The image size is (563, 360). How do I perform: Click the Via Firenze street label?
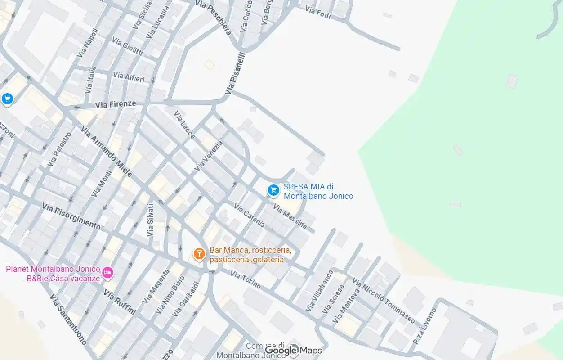[115, 104]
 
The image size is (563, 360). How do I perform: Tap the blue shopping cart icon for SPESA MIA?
[273, 191]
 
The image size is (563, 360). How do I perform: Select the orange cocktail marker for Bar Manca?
[199, 254]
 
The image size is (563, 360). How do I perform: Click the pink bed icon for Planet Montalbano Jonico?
[107, 273]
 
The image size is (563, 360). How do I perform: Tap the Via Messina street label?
[290, 216]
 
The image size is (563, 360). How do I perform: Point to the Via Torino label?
[246, 279]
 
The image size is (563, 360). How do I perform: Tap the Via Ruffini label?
[120, 301]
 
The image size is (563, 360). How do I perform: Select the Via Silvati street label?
[150, 220]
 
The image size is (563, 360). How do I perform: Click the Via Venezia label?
[208, 156]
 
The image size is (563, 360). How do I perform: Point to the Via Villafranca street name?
[319, 290]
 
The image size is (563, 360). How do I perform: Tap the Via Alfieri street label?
[129, 77]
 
